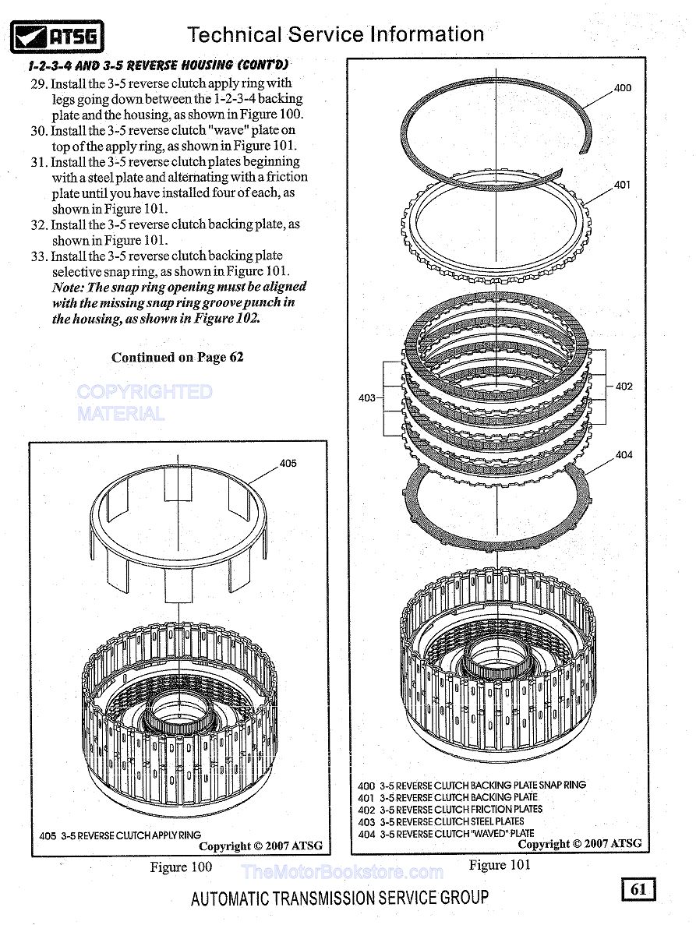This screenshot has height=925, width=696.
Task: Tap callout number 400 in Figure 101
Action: [x=623, y=88]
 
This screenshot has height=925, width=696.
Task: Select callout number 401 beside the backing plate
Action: [x=622, y=185]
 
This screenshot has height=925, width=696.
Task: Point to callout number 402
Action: [x=624, y=387]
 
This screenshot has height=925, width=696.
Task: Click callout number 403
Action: [x=366, y=398]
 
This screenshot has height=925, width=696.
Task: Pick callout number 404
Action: [x=624, y=455]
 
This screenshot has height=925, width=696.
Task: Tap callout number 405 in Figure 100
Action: [x=288, y=464]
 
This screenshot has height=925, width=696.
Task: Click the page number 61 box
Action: [x=638, y=889]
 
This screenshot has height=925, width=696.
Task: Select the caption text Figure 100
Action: [x=180, y=867]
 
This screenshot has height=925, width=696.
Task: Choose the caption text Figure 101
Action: [x=500, y=865]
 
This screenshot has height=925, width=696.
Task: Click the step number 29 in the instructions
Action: [x=39, y=83]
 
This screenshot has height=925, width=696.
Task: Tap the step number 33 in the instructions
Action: [x=39, y=256]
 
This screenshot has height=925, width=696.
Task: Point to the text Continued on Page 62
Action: [x=177, y=358]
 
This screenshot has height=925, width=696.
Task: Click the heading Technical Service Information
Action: [x=336, y=35]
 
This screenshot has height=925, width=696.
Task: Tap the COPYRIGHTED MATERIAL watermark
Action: [x=144, y=402]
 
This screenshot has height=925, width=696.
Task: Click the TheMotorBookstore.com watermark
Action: [x=342, y=872]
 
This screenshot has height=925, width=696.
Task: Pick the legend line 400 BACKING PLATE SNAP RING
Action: [x=472, y=786]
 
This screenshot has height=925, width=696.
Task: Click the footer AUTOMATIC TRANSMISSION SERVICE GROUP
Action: [x=340, y=898]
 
